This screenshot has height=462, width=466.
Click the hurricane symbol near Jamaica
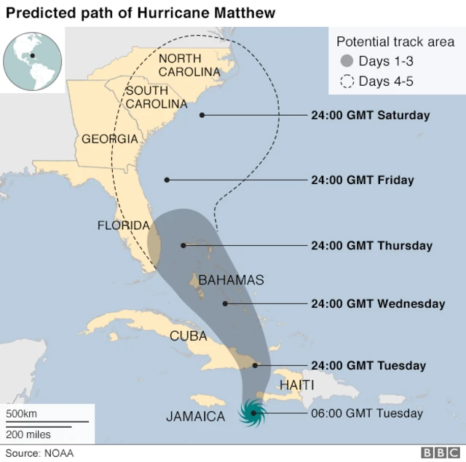pos(253,413)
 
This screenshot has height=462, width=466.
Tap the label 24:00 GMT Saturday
pos(370,115)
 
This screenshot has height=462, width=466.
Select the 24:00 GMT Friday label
pos(362,180)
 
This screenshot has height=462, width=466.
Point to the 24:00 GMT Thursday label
pos(371,246)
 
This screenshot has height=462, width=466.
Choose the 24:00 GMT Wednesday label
pos(377,303)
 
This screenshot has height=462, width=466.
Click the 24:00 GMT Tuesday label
pos(368,365)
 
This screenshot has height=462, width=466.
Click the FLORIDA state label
pos(124,226)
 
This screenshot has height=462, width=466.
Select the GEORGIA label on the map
pos(109,139)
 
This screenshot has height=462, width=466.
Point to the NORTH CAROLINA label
pos(189,65)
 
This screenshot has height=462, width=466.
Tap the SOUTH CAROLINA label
pos(156,97)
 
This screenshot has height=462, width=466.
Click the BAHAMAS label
pos(231,279)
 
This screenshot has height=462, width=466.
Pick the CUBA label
pos(189,335)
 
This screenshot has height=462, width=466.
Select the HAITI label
pos(296,384)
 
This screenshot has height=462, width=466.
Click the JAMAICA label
pos(195,416)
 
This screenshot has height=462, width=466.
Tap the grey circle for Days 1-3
pos(347,61)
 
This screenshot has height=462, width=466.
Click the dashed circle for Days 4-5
pos(347,81)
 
